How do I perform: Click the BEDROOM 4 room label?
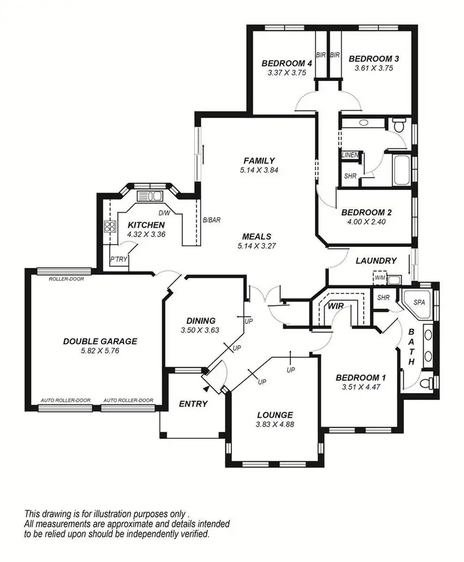(x=286, y=63)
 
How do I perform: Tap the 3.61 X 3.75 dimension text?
(x=374, y=69)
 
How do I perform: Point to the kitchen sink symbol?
(x=149, y=196)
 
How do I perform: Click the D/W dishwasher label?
(x=164, y=212)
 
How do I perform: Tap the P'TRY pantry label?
(x=118, y=260)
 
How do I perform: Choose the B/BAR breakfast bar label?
(x=212, y=220)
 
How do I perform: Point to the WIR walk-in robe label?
(x=335, y=306)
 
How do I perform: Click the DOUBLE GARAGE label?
(x=100, y=341)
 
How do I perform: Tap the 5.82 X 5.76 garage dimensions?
(x=100, y=351)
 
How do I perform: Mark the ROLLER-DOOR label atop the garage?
(x=66, y=279)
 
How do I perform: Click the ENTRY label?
(x=193, y=404)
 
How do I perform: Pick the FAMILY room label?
(x=259, y=161)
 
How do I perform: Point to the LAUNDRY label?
(x=376, y=261)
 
